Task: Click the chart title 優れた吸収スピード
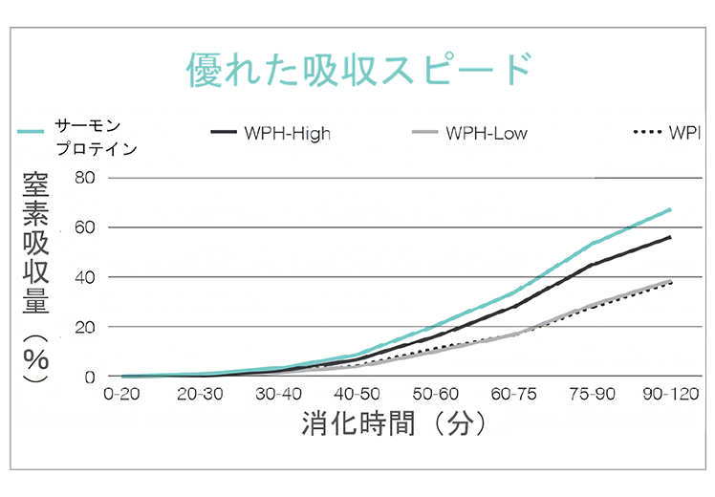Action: tap(357, 72)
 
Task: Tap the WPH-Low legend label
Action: tap(486, 134)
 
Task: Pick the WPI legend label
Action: tap(685, 134)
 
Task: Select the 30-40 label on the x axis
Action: tap(279, 394)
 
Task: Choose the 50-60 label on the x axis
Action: tap(436, 394)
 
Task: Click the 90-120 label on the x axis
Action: tap(669, 394)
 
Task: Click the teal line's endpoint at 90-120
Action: tap(670, 208)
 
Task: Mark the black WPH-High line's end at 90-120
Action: tap(670, 237)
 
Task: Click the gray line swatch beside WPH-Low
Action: tap(423, 134)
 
